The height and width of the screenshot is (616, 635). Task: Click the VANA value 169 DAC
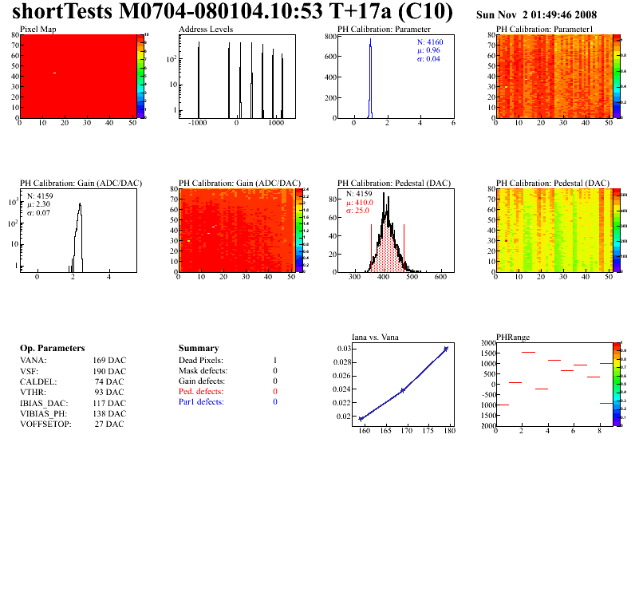coord(109,361)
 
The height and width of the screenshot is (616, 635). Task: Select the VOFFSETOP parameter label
coord(45,424)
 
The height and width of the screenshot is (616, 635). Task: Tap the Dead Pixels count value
coord(274,361)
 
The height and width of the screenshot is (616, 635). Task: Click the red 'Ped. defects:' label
coord(201,392)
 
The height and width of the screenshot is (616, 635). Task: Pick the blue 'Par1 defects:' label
coord(201,402)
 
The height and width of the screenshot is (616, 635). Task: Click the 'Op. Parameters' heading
coord(52,349)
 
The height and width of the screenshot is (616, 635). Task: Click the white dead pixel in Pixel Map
coord(54,73)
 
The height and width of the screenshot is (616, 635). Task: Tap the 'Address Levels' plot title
coord(206,30)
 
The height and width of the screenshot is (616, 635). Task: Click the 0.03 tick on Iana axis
coord(344,349)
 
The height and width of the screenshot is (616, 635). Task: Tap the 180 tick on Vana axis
coord(449,432)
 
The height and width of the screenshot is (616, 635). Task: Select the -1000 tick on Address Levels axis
coord(196,124)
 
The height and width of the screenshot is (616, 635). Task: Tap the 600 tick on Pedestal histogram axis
coord(440,278)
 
